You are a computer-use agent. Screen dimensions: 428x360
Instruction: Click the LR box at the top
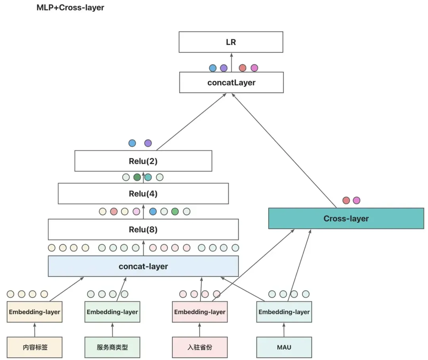tap(231, 42)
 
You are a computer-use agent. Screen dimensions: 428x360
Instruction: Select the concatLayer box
tap(231, 82)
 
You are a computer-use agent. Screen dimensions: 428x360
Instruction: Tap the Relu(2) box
tap(143, 161)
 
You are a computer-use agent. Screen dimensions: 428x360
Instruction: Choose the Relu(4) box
tap(143, 193)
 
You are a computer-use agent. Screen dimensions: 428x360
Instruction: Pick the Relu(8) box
tap(143, 230)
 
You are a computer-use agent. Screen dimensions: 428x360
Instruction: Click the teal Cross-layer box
tap(346, 218)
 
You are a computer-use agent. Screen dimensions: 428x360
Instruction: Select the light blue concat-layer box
tap(143, 266)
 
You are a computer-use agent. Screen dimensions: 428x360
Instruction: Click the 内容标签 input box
tap(34, 347)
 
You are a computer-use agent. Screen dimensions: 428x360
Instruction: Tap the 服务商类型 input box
tap(113, 347)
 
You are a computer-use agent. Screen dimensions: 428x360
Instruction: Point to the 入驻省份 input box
tap(200, 347)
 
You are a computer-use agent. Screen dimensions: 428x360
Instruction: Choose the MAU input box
tap(284, 347)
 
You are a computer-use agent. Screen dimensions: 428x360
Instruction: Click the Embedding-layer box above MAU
tap(284, 312)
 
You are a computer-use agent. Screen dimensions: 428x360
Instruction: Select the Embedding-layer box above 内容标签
tap(34, 312)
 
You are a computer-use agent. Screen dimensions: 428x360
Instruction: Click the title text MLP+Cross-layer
tap(71, 8)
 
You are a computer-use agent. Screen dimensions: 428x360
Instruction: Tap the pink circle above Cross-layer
tap(357, 201)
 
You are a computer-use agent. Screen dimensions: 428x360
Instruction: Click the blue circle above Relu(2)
tap(132, 143)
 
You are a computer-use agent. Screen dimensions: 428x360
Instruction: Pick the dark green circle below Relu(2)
tap(137, 177)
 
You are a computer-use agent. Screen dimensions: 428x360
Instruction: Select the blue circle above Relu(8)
tap(153, 211)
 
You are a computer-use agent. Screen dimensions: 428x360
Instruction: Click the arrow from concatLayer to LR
tap(231, 63)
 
